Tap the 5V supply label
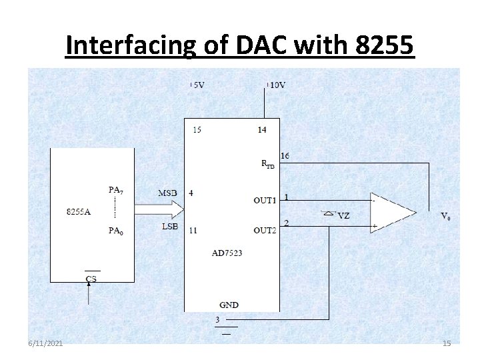click(x=199, y=85)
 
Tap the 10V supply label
click(x=277, y=85)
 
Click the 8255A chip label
click(x=79, y=212)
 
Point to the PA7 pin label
click(x=115, y=190)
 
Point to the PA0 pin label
click(x=115, y=231)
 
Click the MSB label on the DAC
click(x=167, y=193)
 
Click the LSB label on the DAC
click(x=169, y=227)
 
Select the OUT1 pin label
click(x=265, y=201)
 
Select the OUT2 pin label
click(x=265, y=230)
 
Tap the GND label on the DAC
click(x=228, y=305)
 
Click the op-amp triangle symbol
click(x=392, y=213)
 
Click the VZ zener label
click(x=343, y=215)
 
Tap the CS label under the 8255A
click(x=91, y=279)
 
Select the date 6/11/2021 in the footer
click(x=45, y=343)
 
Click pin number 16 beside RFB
click(x=285, y=155)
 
